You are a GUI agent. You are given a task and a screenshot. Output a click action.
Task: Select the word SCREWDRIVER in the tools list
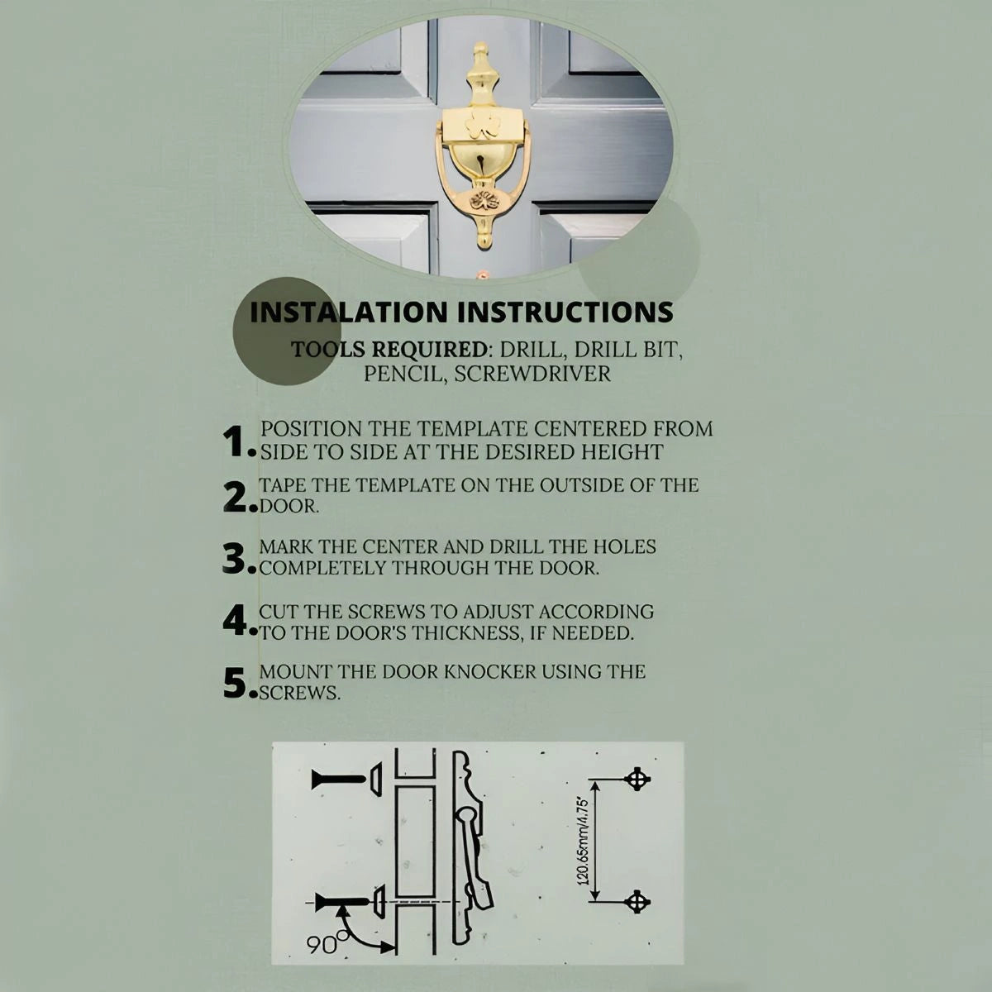coord(532,374)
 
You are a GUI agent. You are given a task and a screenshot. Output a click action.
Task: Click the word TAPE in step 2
coord(281,485)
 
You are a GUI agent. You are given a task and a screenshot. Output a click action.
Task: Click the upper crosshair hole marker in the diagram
coord(637,780)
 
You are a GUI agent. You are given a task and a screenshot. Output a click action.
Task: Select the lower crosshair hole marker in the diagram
coord(637,902)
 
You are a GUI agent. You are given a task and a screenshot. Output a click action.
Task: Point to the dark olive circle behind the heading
coord(287,331)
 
